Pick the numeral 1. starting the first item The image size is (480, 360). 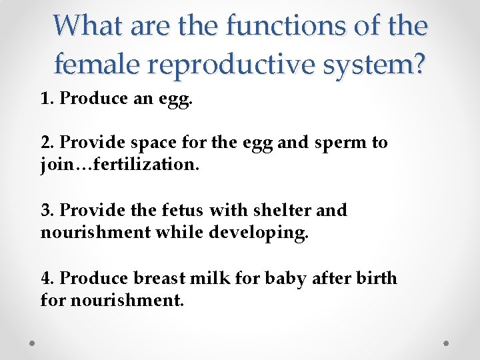pyautogui.click(x=47, y=99)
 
